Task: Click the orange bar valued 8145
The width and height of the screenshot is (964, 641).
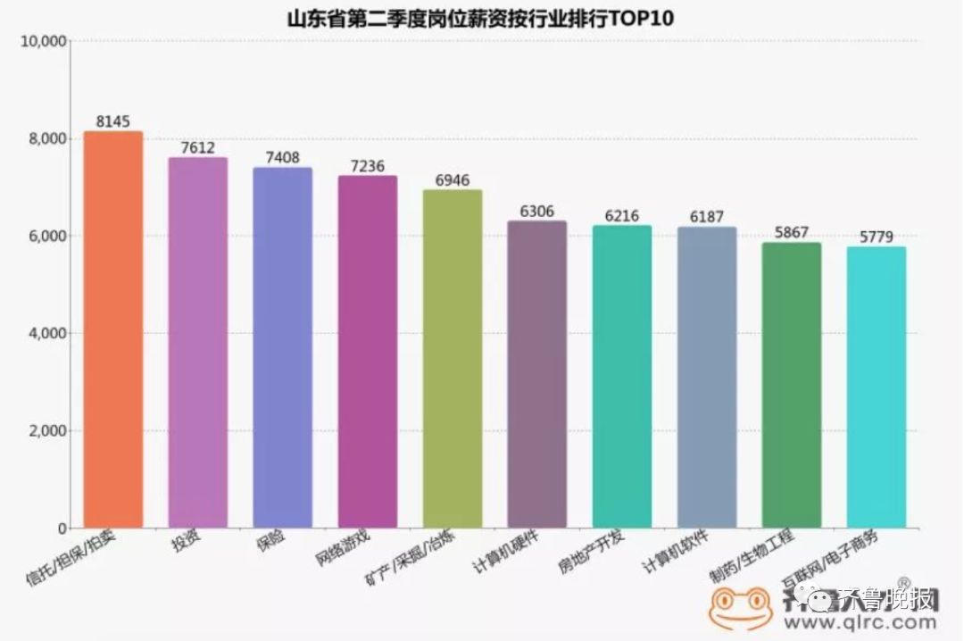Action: click(112, 329)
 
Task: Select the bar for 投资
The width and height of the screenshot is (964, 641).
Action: click(197, 343)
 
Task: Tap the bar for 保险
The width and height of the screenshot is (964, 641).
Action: click(282, 347)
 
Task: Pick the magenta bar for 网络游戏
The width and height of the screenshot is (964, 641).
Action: click(367, 352)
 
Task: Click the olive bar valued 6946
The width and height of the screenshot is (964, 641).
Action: click(452, 358)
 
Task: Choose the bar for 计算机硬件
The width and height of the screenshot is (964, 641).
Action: click(536, 374)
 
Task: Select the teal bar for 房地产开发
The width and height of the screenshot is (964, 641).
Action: click(621, 376)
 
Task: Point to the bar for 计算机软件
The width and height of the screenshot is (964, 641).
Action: click(706, 377)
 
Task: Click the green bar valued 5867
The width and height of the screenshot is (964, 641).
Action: click(791, 385)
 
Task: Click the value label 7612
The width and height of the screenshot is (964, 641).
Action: click(197, 148)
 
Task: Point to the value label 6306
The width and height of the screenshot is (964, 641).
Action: click(536, 212)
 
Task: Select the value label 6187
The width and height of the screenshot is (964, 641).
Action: click(706, 217)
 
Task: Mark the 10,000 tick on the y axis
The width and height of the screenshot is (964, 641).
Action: click(43, 41)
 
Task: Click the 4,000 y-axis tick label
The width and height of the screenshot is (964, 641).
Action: click(46, 333)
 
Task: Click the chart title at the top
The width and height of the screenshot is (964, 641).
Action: click(482, 18)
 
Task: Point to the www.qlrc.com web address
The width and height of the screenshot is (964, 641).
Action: click(860, 623)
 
